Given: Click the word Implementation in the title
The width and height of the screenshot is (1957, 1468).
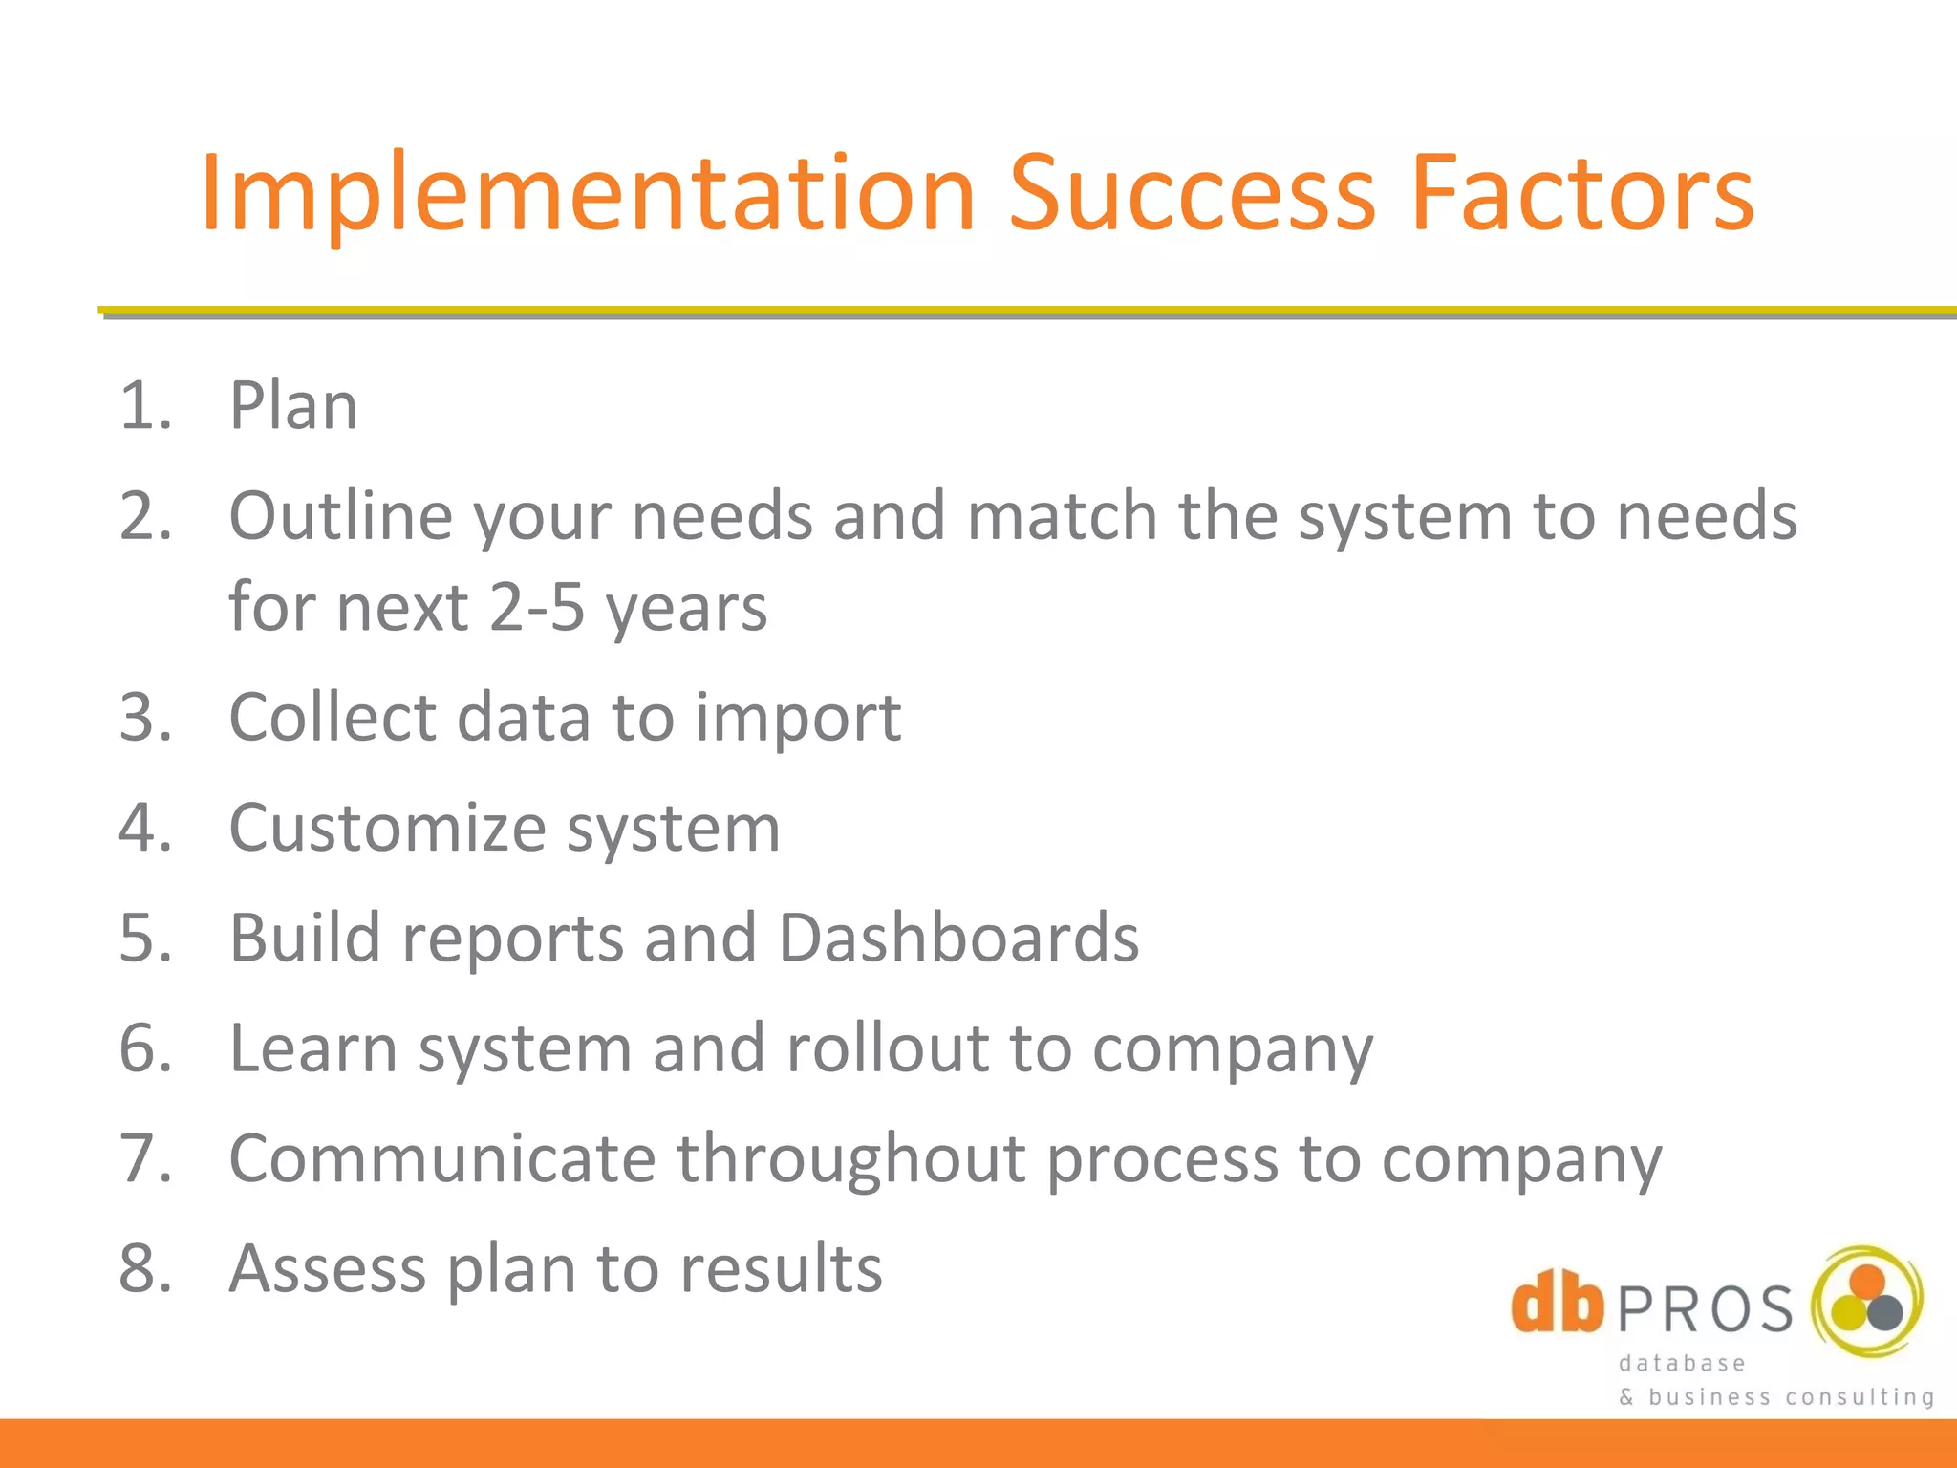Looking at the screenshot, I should [x=588, y=196].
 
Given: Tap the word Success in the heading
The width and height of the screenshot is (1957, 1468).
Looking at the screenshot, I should [x=1192, y=196].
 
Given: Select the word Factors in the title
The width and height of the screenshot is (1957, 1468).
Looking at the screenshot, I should [x=1581, y=196].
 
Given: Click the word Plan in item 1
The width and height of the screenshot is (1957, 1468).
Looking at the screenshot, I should [x=293, y=406].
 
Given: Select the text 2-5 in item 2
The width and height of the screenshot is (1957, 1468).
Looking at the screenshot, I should [x=536, y=608].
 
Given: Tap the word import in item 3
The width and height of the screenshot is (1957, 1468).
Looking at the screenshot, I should [x=798, y=719].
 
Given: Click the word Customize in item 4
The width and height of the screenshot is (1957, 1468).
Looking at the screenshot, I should [x=388, y=828].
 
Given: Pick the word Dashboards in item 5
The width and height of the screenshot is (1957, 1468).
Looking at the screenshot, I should [x=958, y=938].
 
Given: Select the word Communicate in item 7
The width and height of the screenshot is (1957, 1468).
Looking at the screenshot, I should [x=442, y=1159].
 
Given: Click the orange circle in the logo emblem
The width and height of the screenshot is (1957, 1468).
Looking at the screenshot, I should [x=1867, y=1282].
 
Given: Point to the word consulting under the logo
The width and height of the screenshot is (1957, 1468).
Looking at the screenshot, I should [x=1860, y=1397].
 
